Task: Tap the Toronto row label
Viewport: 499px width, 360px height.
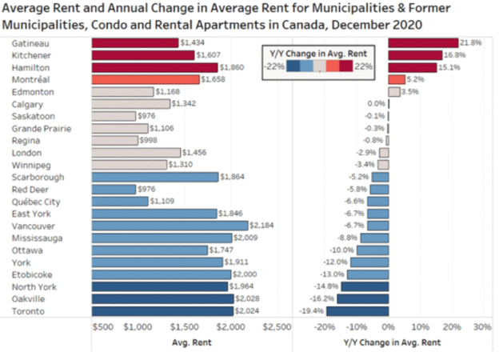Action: [x=29, y=311]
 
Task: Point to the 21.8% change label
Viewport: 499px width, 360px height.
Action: [x=470, y=42]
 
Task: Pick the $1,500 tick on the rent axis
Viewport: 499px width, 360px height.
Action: [x=184, y=327]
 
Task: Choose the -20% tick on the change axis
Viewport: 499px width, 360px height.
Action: [x=325, y=327]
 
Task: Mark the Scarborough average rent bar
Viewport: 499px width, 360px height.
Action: [x=155, y=177]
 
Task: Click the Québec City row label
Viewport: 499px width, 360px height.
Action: [x=36, y=202]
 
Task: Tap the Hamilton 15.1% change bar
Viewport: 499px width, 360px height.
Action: [x=412, y=67]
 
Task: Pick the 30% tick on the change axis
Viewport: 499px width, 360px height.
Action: [x=481, y=327]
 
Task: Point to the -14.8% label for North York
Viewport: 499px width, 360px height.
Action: [x=323, y=286]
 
